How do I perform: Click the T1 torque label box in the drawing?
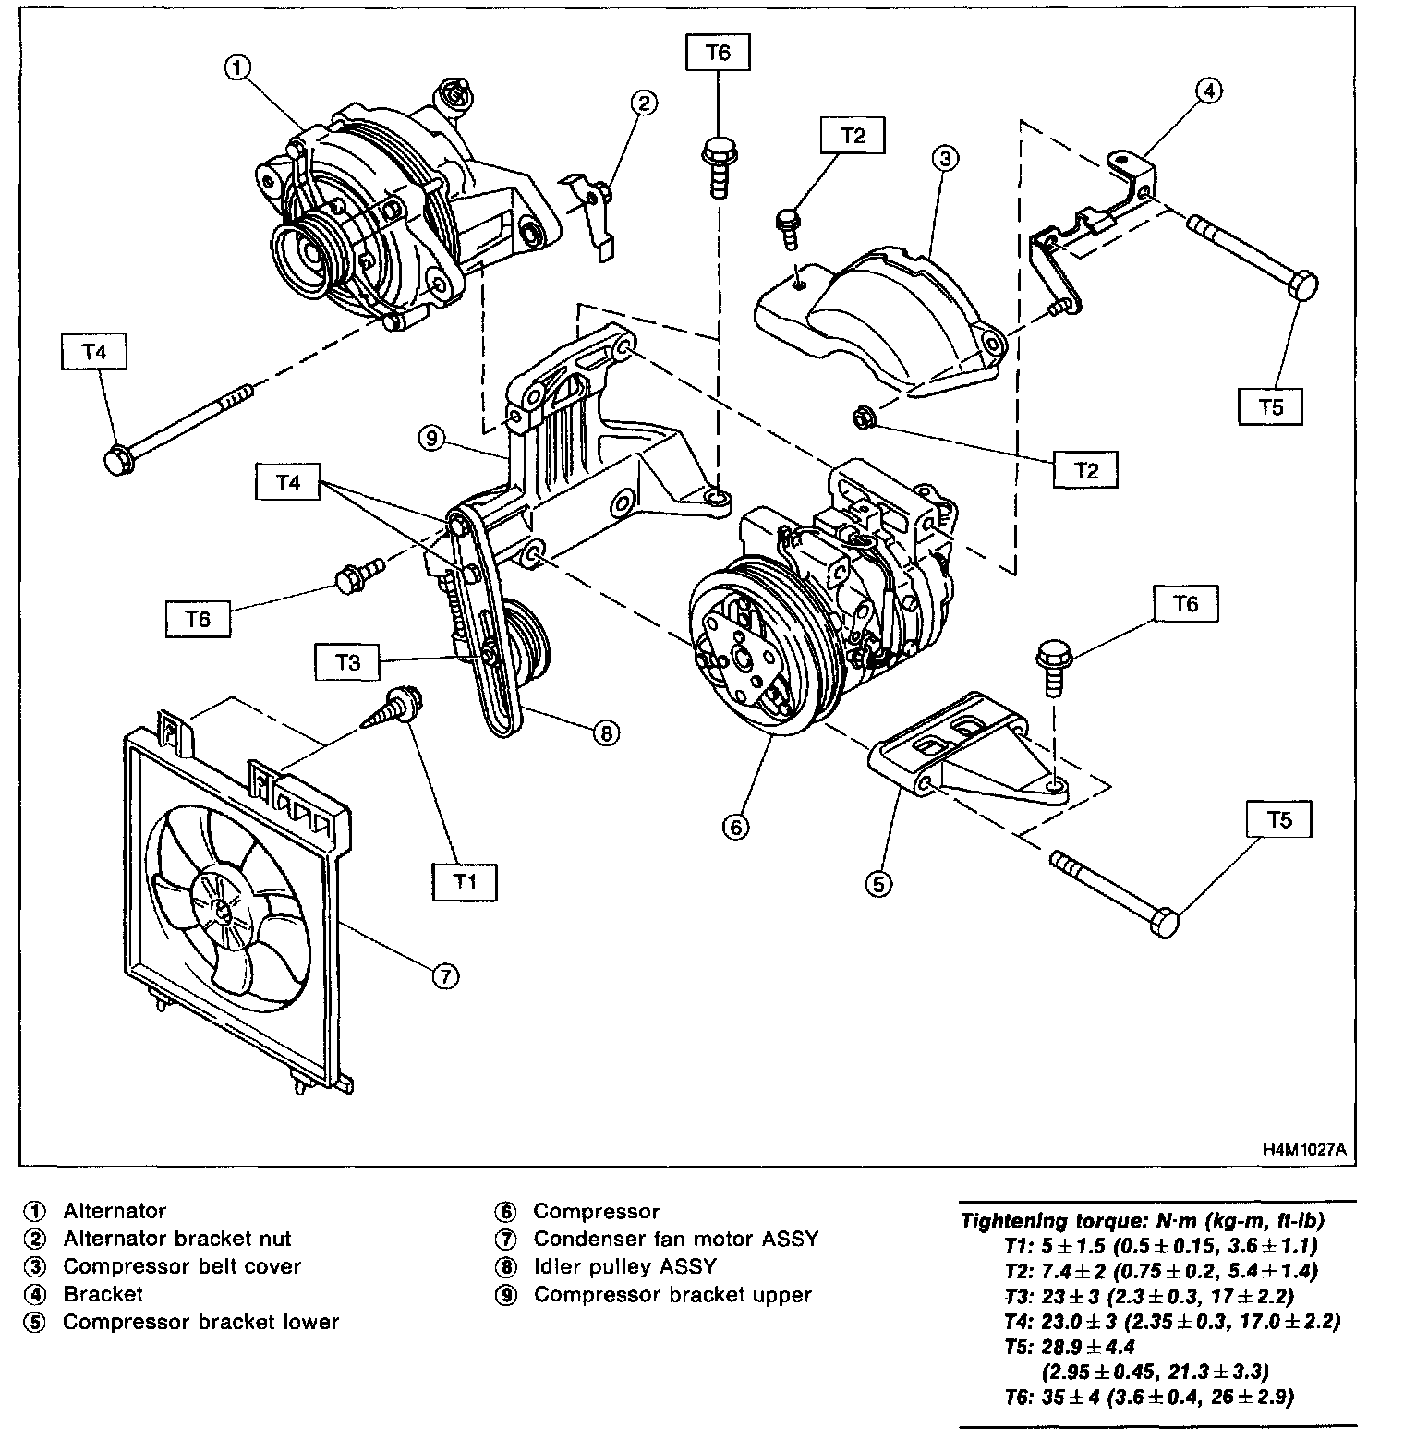(x=464, y=882)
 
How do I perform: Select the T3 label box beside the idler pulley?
(x=347, y=661)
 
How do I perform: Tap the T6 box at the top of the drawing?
(x=718, y=53)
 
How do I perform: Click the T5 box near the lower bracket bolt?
(x=1279, y=819)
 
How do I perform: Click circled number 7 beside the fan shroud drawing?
(x=444, y=974)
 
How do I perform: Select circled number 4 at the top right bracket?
(x=1209, y=90)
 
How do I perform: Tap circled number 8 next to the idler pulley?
(x=605, y=732)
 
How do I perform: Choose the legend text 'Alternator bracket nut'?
(x=176, y=1239)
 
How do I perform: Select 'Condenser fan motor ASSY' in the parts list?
(x=675, y=1239)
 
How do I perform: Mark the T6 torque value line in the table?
(x=1150, y=1396)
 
